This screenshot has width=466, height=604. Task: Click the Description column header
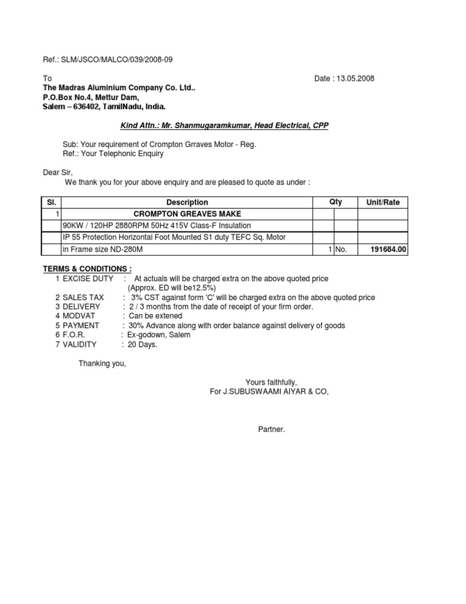[187, 202]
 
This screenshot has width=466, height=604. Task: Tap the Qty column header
[336, 202]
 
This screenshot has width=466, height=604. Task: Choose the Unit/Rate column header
[383, 202]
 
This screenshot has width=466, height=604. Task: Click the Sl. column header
[52, 202]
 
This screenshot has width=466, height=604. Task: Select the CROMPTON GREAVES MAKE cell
[187, 214]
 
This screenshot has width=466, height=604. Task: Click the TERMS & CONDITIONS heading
[87, 269]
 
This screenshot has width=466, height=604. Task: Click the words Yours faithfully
[271, 382]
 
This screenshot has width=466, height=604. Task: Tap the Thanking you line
[103, 363]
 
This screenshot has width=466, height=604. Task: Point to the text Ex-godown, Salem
[158, 335]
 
